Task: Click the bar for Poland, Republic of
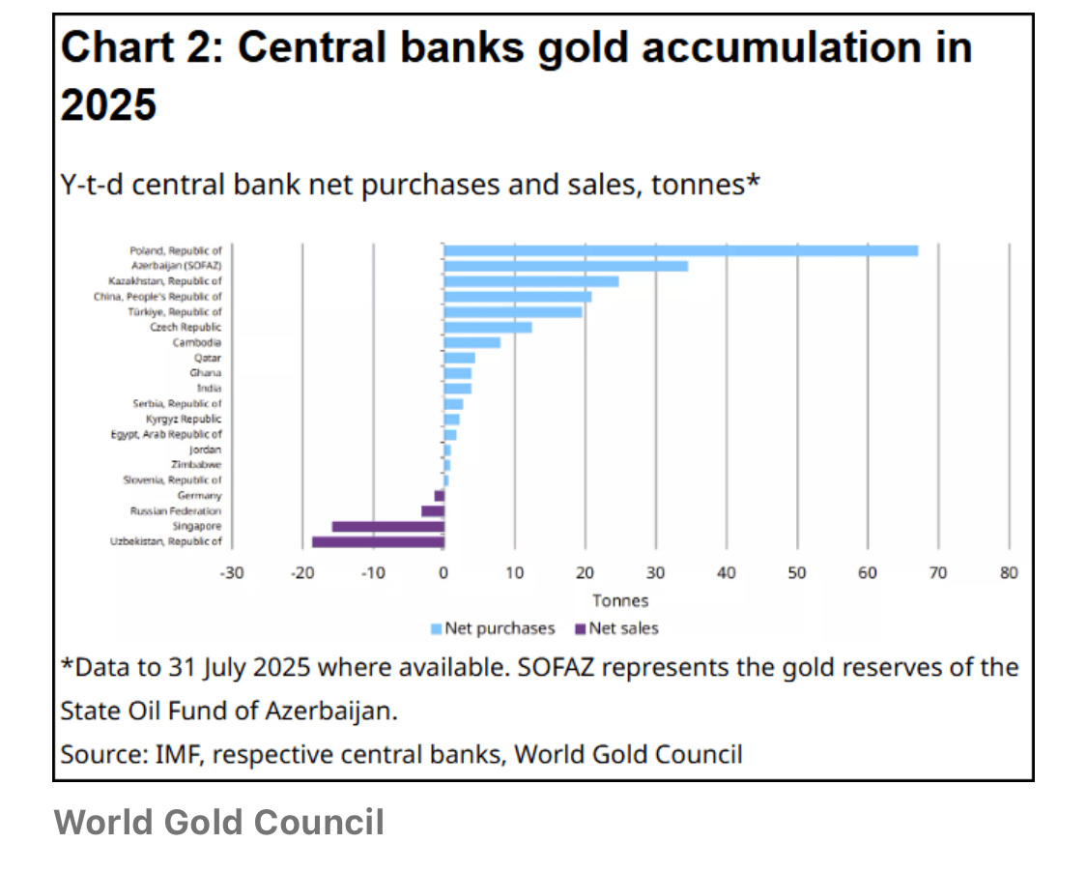click(x=681, y=250)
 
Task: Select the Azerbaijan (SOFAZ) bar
click(x=565, y=266)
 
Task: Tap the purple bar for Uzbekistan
click(x=378, y=541)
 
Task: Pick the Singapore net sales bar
click(x=388, y=527)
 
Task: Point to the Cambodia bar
click(x=472, y=342)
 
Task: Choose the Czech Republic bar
click(x=488, y=328)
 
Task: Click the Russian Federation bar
click(x=433, y=511)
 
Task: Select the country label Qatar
click(x=208, y=358)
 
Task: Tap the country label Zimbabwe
click(x=196, y=465)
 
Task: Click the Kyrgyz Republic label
click(x=184, y=419)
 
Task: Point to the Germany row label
click(x=200, y=495)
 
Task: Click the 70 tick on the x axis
click(x=938, y=573)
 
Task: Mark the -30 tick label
click(x=232, y=573)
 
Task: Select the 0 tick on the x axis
click(x=443, y=573)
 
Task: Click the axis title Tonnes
click(x=620, y=600)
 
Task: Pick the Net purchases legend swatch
click(x=436, y=629)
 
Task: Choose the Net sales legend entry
click(x=617, y=628)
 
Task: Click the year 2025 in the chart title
click(x=109, y=104)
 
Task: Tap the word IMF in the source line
click(x=179, y=754)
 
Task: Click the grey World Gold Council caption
click(x=219, y=822)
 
